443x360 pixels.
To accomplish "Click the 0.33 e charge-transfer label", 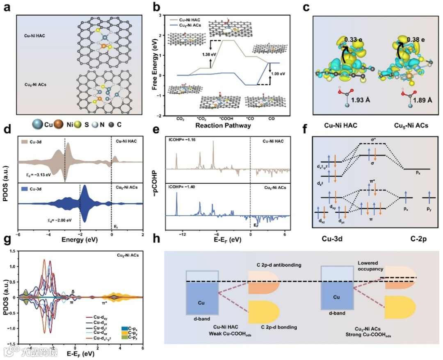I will [x=354, y=39].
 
